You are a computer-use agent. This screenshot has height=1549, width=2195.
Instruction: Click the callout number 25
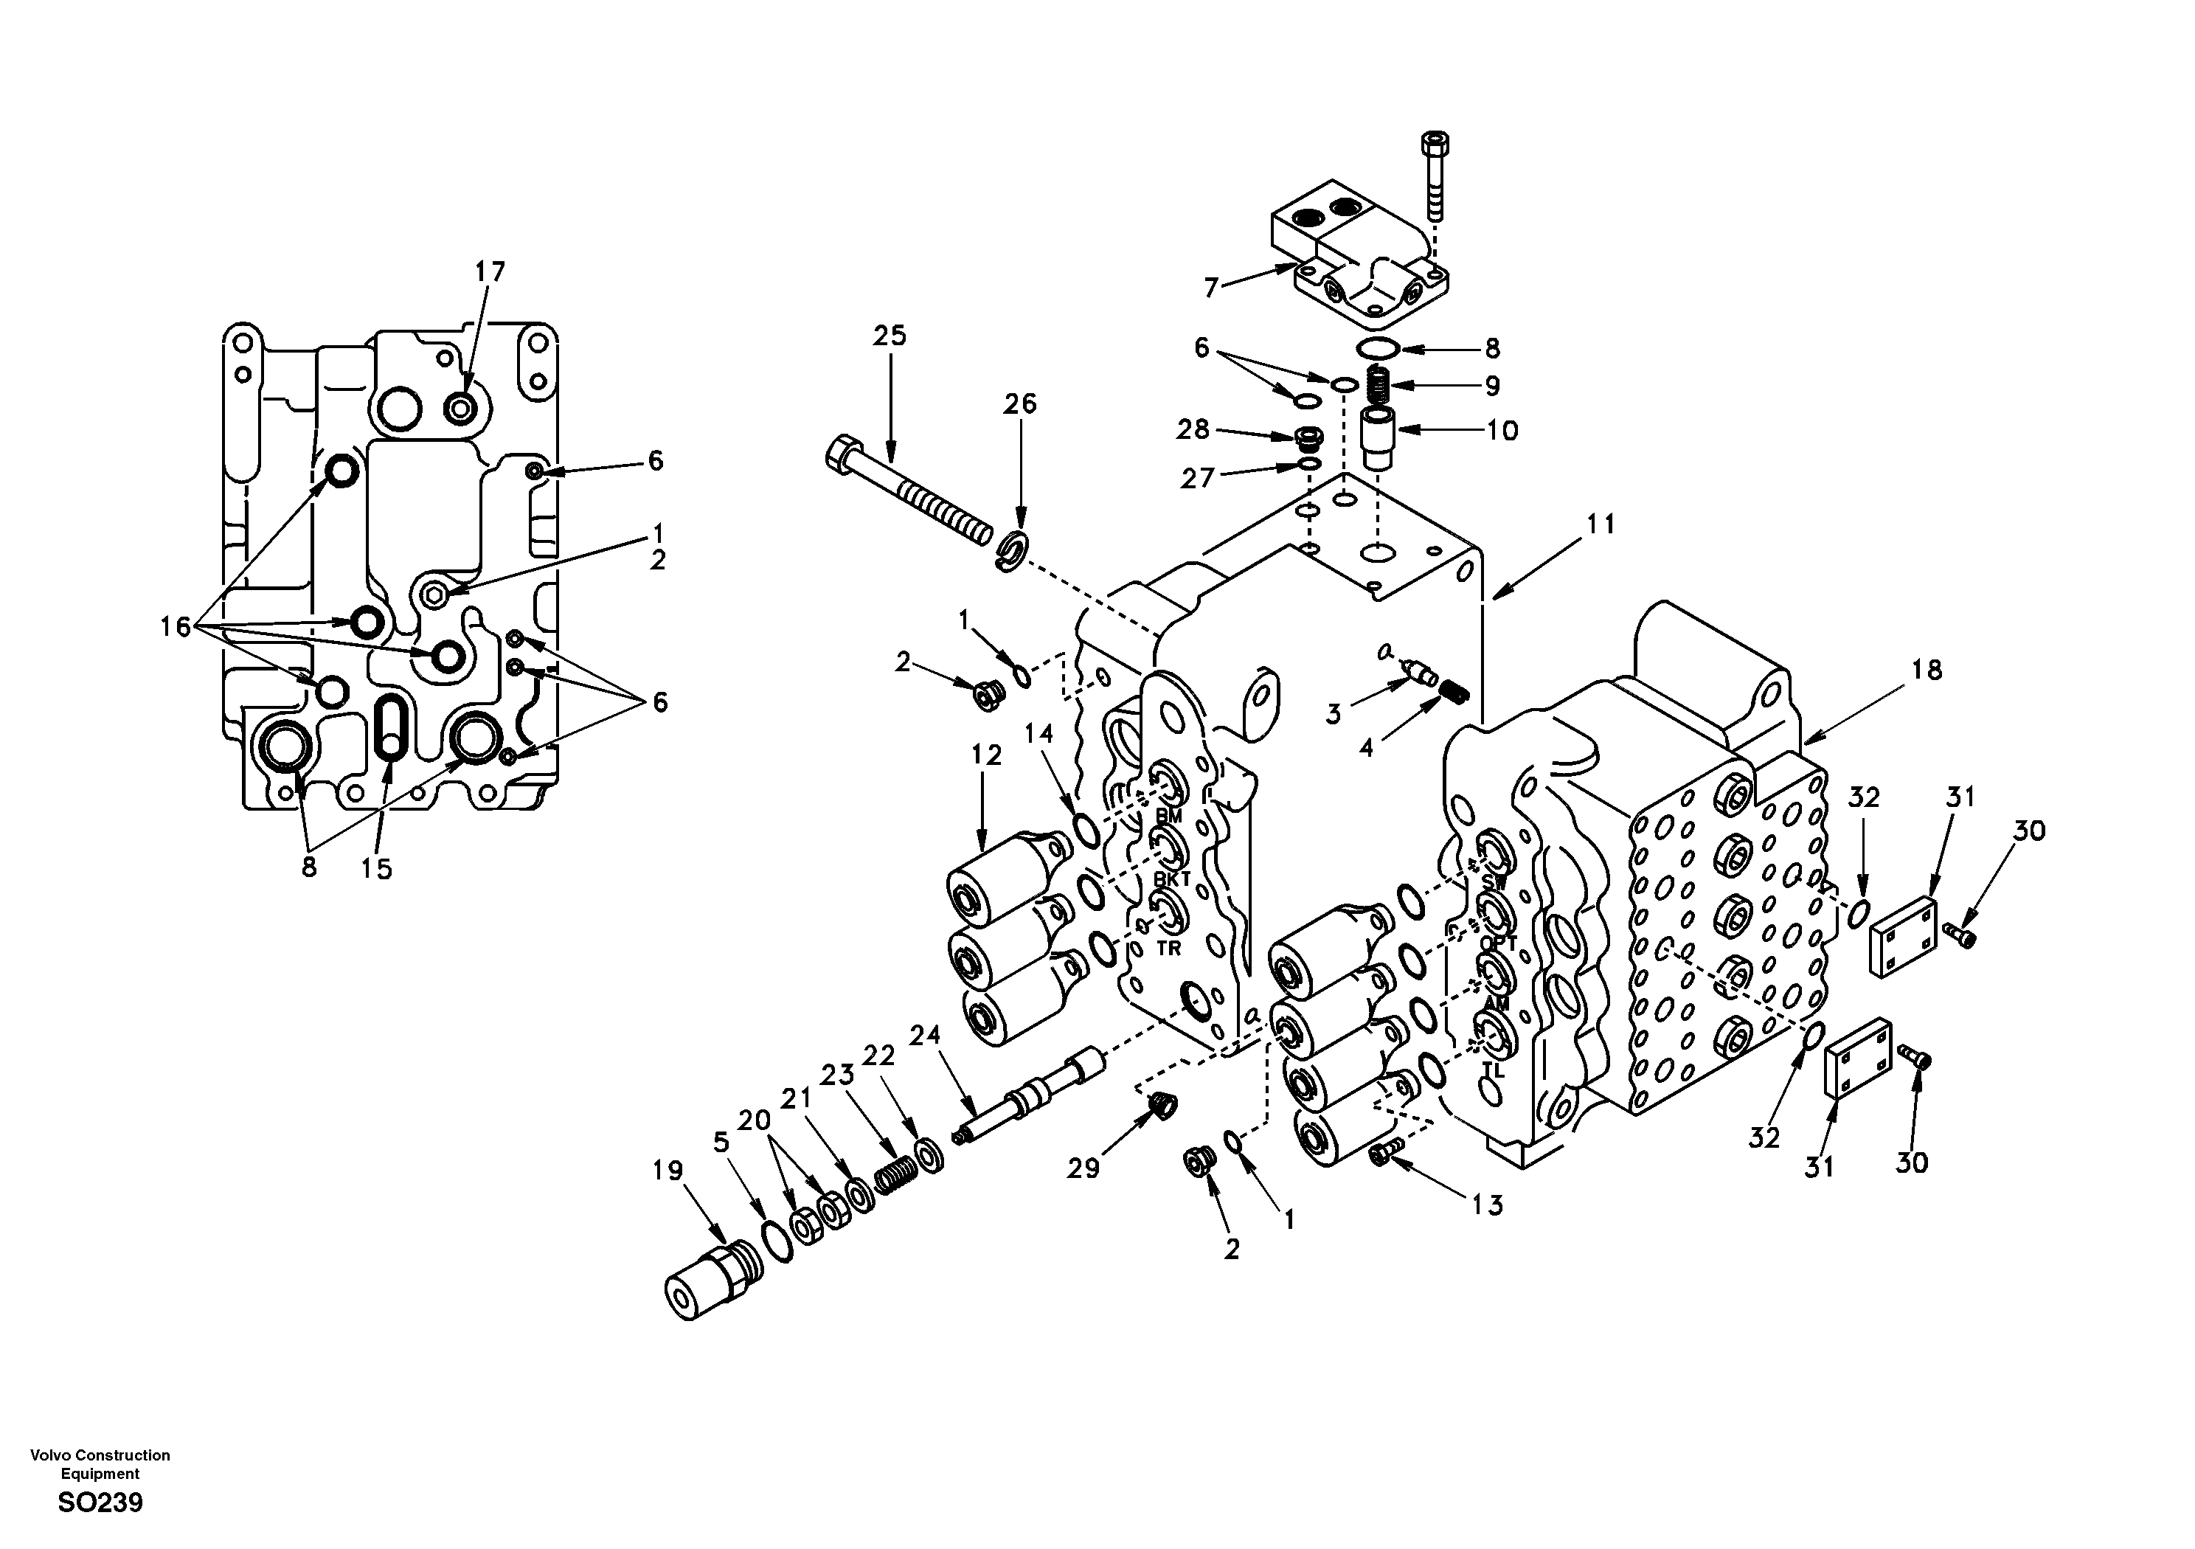click(x=889, y=336)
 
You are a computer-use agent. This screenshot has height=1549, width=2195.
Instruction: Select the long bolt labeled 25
click(x=908, y=493)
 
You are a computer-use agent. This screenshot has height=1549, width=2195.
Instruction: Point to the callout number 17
click(x=490, y=271)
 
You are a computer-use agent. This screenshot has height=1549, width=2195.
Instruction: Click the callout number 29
click(x=1083, y=1168)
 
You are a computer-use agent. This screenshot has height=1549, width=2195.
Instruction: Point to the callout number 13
click(x=1488, y=1205)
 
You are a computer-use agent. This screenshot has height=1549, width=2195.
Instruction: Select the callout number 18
click(x=1927, y=670)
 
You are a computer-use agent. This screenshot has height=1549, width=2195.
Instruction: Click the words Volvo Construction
click(x=100, y=1455)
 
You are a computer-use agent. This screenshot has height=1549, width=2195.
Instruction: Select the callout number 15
click(x=377, y=869)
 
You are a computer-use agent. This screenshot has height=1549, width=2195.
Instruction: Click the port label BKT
click(x=1171, y=879)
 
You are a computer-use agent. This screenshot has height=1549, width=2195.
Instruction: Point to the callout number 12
click(x=987, y=755)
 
